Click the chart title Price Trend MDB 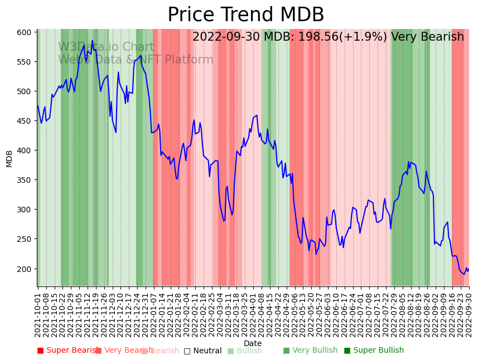245,15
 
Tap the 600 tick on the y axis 24,32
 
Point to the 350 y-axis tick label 24,180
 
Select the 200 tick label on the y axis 24,269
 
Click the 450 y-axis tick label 24,121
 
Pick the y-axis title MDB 9,158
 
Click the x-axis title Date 253,344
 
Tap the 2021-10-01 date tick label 38,313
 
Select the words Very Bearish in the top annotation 427,37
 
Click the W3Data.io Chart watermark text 106,47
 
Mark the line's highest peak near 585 93,41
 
